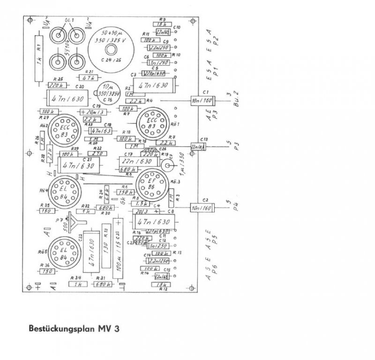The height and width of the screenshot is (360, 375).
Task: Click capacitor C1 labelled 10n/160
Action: [202, 100]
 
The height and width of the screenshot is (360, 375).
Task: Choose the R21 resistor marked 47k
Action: [88, 78]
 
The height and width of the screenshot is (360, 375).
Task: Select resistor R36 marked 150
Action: [46, 270]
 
